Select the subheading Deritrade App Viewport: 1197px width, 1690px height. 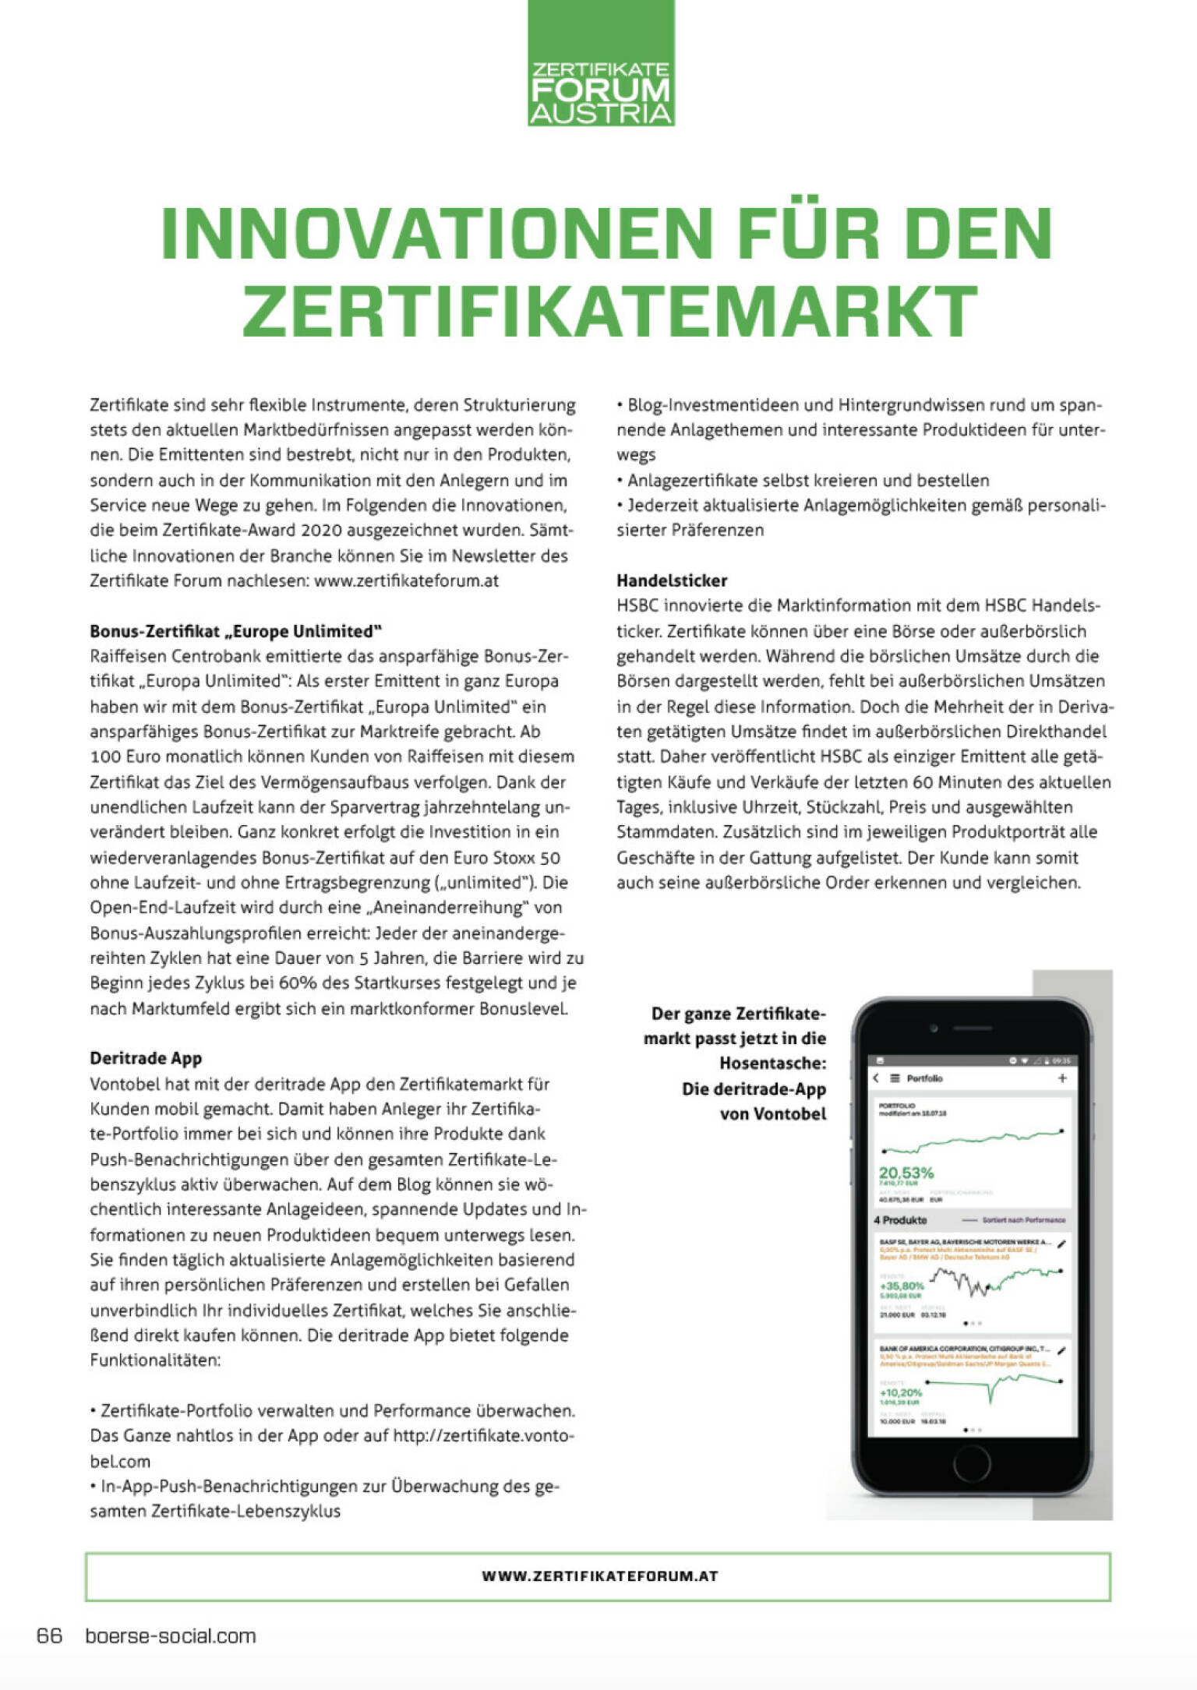point(146,1058)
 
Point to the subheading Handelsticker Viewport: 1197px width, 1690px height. point(672,580)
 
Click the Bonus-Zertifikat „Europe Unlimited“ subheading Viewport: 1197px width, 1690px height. point(235,631)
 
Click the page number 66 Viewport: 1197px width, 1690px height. point(49,1635)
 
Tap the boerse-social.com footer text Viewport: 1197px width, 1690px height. point(171,1636)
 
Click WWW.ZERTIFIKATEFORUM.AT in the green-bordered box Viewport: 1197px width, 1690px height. point(599,1575)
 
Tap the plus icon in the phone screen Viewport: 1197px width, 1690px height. point(1061,1078)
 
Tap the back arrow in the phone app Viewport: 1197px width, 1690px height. point(876,1078)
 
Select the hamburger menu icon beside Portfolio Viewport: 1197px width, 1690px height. point(895,1078)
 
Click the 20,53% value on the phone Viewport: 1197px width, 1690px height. point(906,1173)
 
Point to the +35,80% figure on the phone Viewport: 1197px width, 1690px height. point(902,1286)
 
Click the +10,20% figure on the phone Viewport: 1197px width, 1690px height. point(901,1392)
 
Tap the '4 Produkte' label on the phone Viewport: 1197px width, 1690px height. point(900,1220)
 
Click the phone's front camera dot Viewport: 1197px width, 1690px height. point(933,1029)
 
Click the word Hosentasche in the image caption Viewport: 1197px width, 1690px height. point(772,1064)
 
